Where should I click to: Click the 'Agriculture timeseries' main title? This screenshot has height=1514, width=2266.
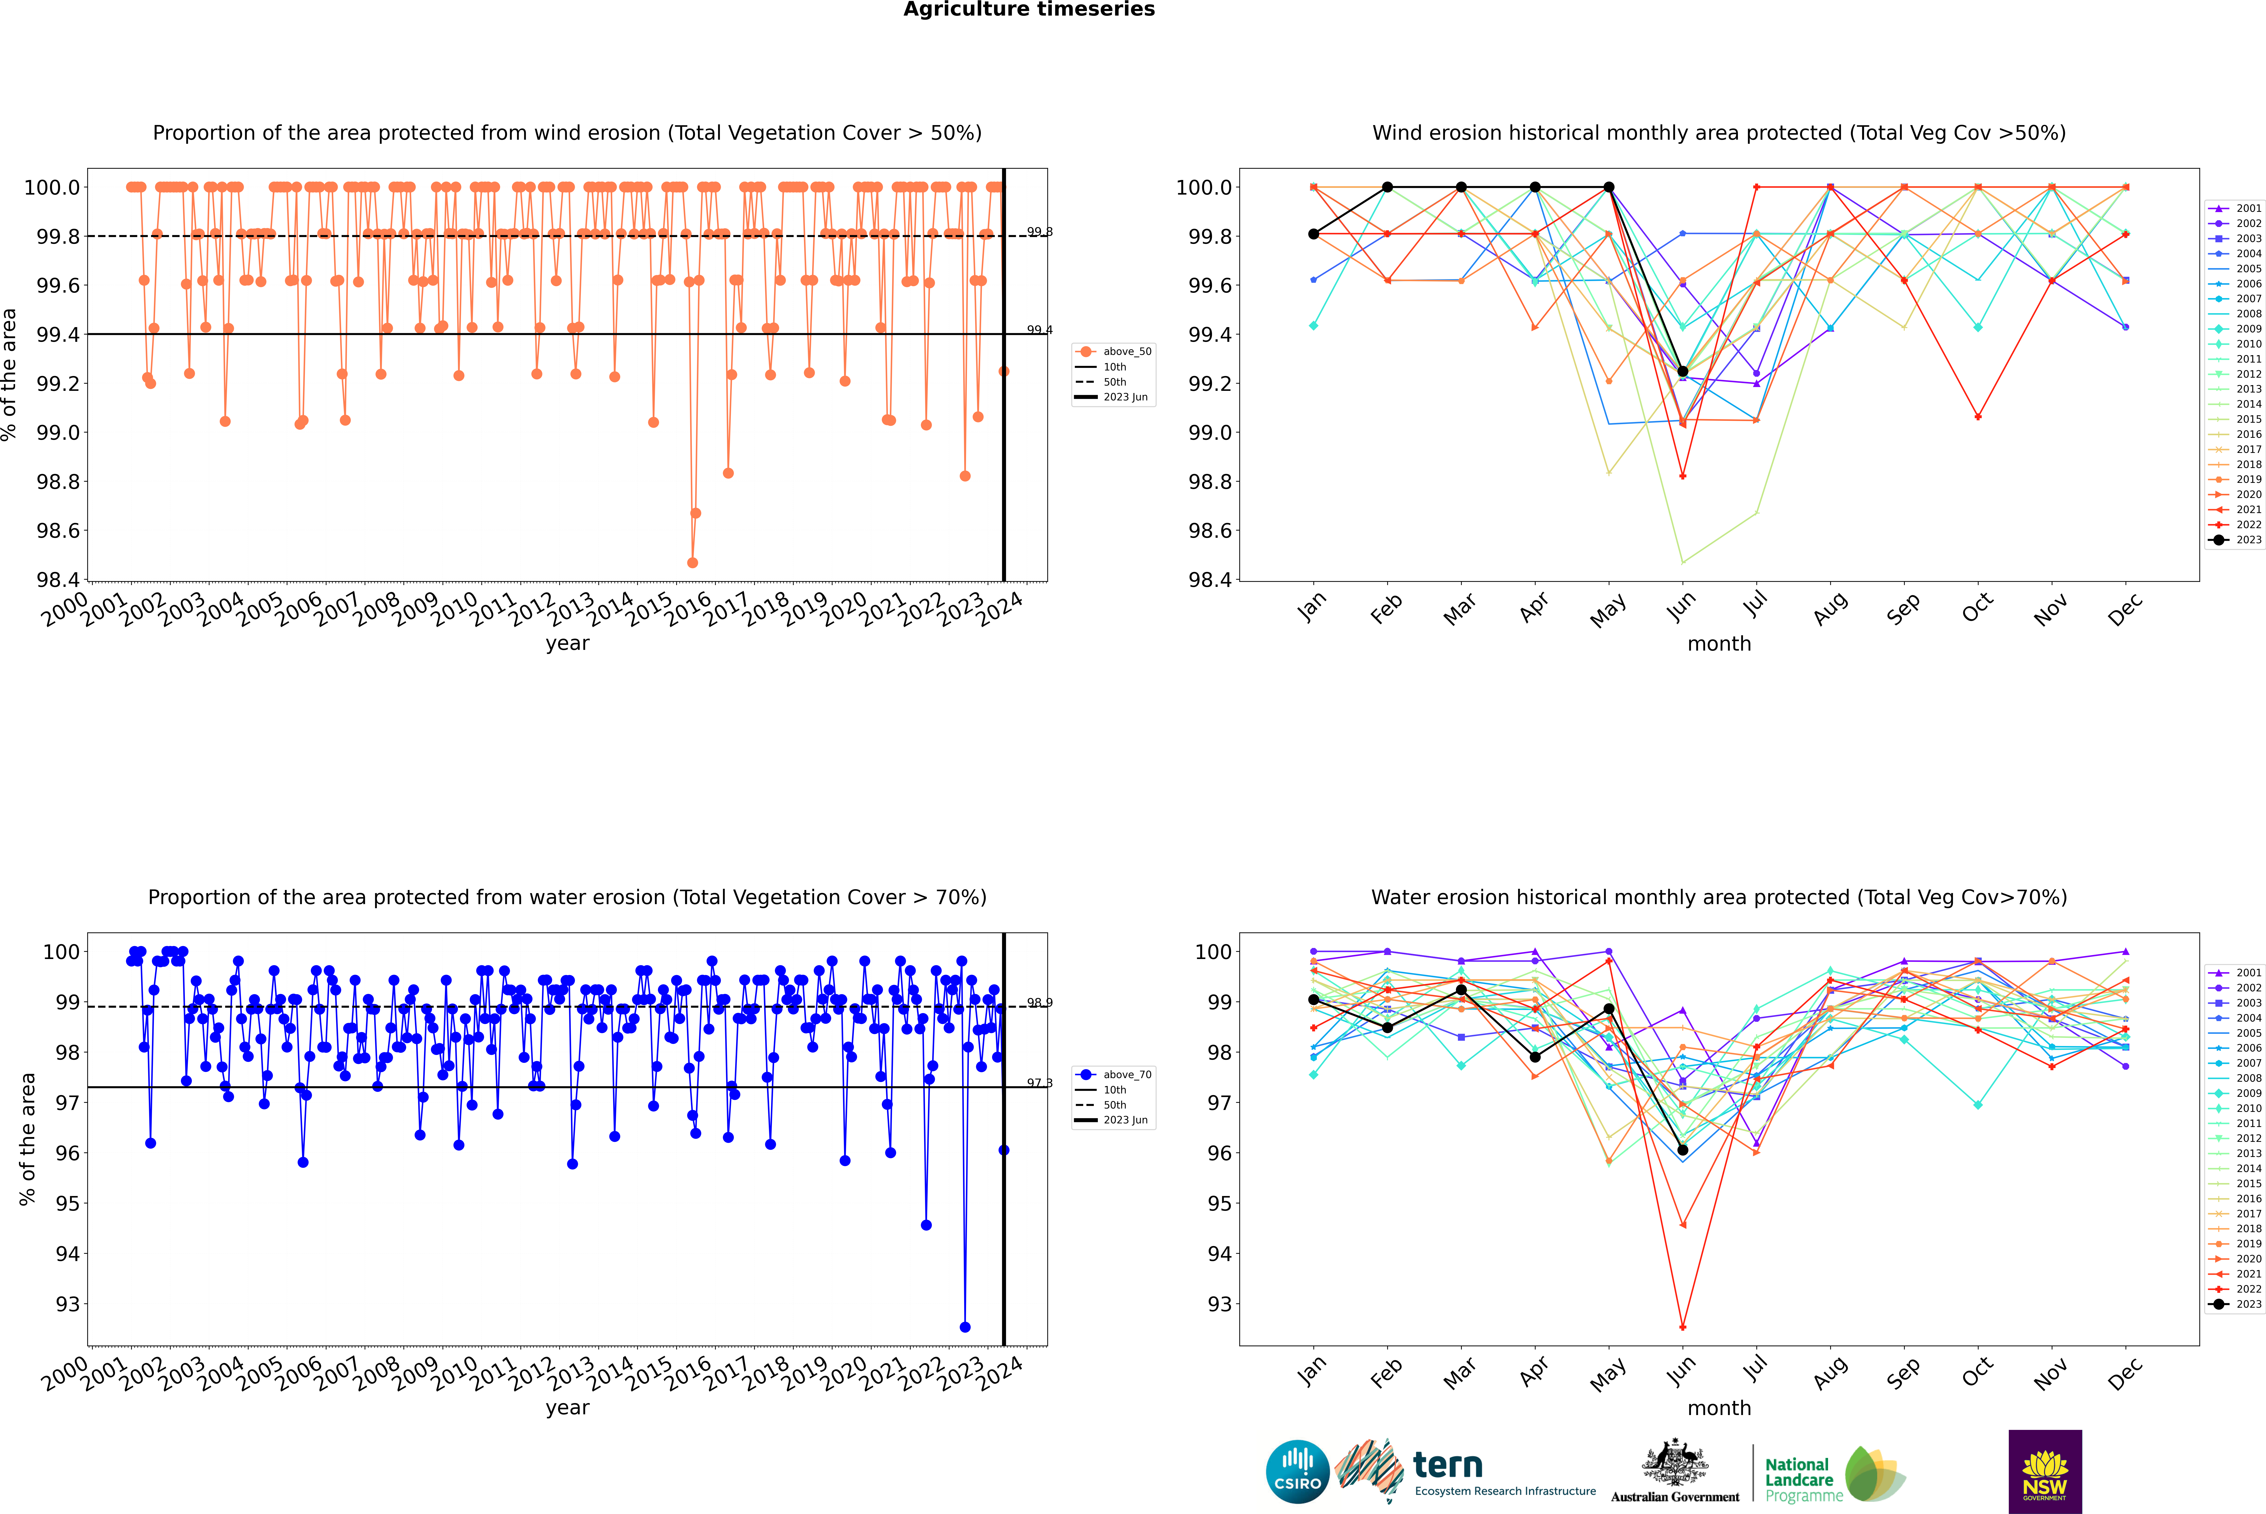[x=1029, y=10]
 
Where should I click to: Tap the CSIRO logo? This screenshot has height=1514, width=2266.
[x=1297, y=1472]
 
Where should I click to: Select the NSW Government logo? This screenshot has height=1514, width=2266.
[x=2045, y=1472]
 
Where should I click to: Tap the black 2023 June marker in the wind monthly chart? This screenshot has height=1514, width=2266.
[x=1683, y=372]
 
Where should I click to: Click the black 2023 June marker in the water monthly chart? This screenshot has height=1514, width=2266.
[x=1683, y=1150]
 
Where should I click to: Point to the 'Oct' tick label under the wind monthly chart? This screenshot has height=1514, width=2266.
[x=1977, y=608]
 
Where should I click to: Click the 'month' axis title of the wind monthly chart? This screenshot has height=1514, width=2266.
[x=1718, y=644]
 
